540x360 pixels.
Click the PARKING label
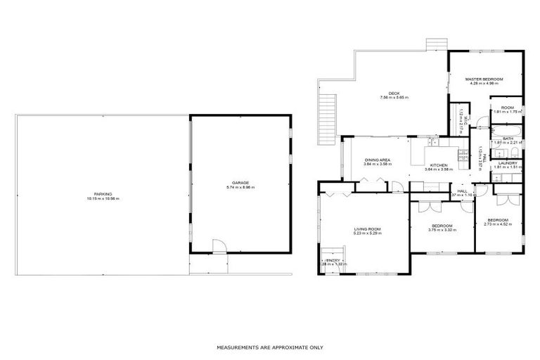point(98,194)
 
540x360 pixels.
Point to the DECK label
point(394,92)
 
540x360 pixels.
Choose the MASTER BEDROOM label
point(485,79)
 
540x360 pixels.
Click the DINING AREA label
point(378,160)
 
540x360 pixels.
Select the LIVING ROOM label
point(367,229)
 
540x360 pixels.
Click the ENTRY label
point(333,259)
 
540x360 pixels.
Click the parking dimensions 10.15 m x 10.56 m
point(98,199)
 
